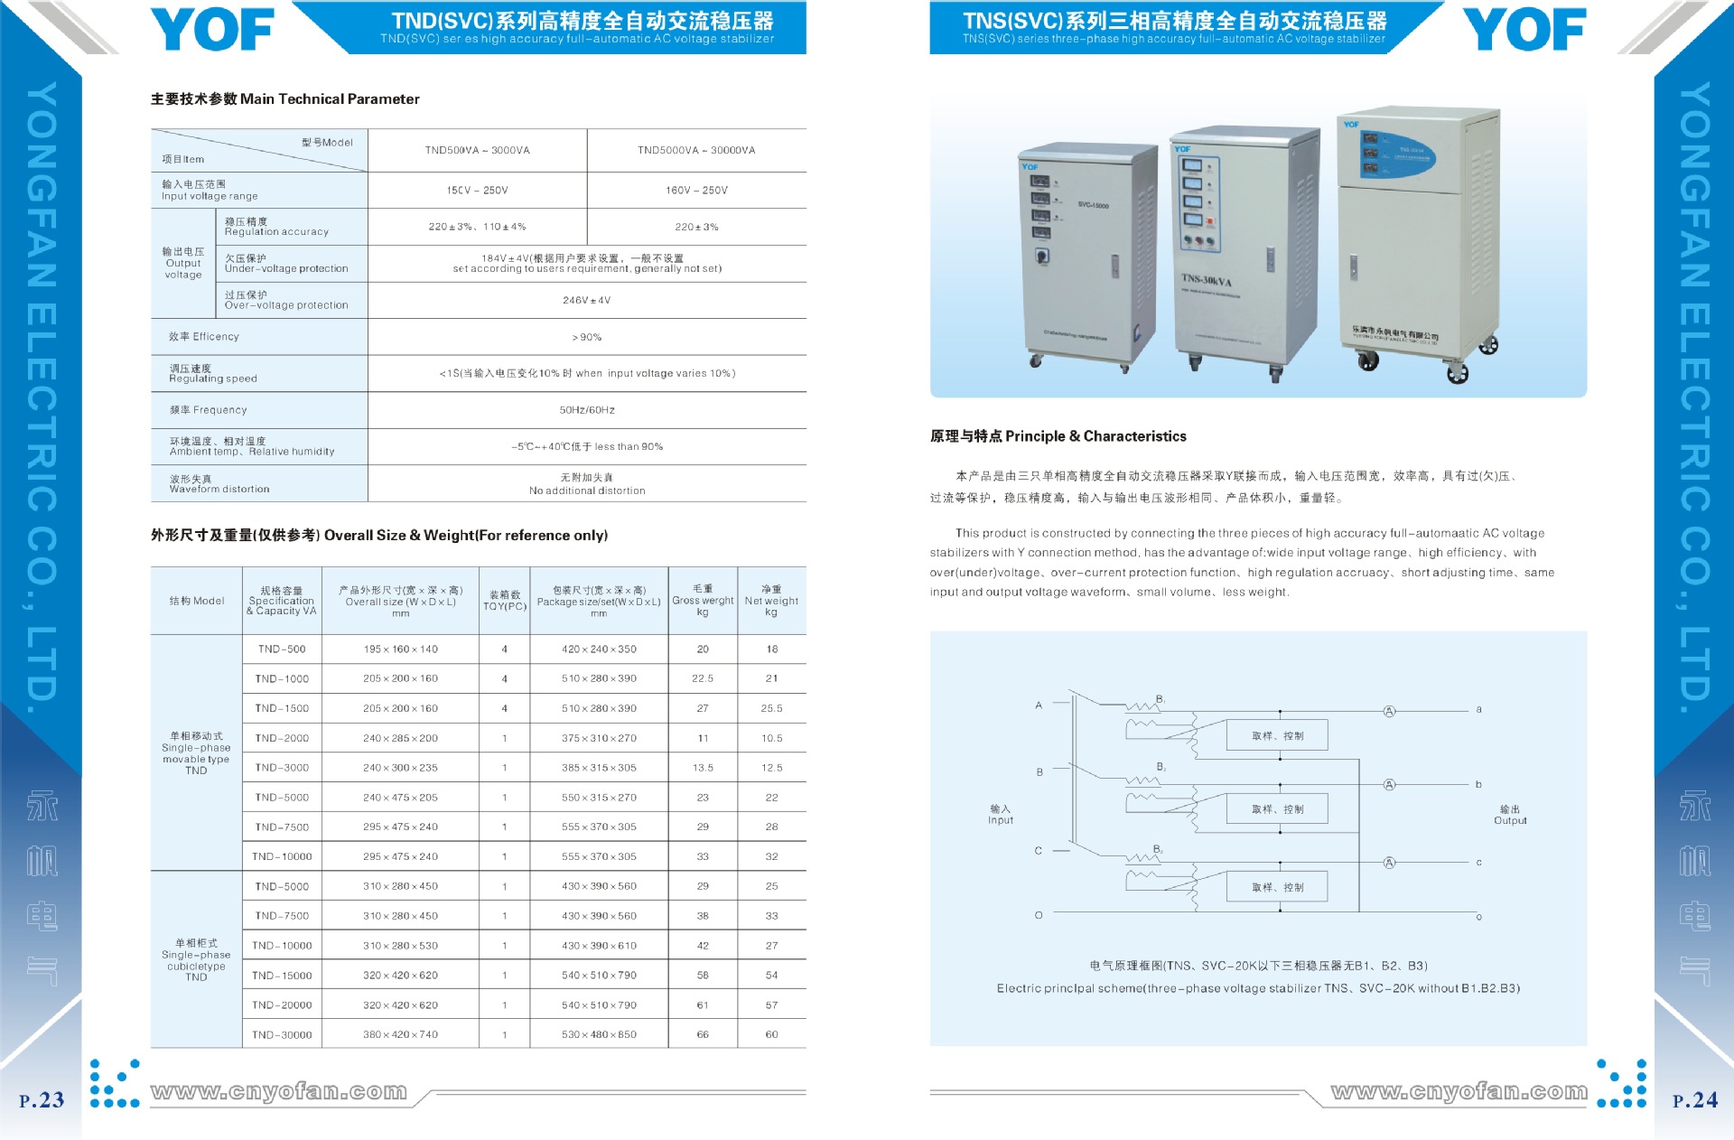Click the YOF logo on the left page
click(212, 30)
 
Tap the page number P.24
click(1694, 1100)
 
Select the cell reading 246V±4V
click(586, 300)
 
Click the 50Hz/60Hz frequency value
click(586, 410)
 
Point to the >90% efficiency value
click(586, 337)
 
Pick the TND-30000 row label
click(282, 1034)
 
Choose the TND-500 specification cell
click(282, 649)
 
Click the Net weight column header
click(771, 601)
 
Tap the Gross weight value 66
click(703, 1034)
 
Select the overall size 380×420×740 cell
click(400, 1034)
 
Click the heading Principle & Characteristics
click(1058, 436)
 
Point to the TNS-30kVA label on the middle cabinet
click(1207, 280)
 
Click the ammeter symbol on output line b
click(1389, 784)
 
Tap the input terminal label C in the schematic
click(1039, 851)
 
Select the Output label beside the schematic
click(1510, 815)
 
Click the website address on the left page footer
click(279, 1092)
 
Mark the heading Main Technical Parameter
click(284, 99)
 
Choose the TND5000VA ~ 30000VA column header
click(696, 150)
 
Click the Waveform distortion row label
click(219, 484)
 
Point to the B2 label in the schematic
click(1161, 767)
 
